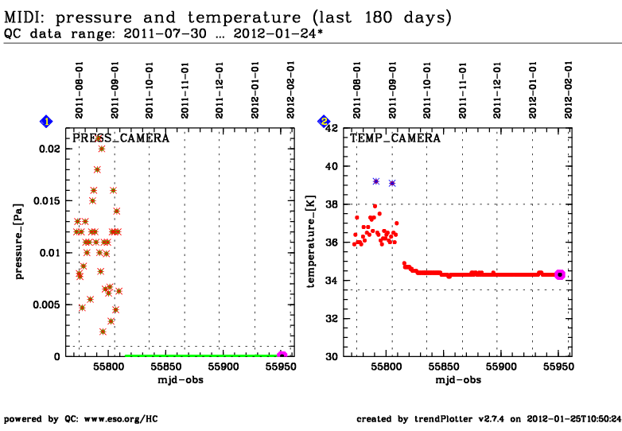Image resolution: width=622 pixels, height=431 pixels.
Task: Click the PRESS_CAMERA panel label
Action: tap(121, 138)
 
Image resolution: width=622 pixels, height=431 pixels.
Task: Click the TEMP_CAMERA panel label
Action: tap(395, 138)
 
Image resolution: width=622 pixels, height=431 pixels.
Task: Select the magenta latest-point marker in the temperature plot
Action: tap(559, 274)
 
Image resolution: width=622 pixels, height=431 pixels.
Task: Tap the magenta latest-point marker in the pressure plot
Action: tap(282, 356)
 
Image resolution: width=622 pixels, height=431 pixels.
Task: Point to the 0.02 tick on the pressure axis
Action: tap(50, 149)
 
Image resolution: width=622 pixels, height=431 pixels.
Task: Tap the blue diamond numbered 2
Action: tap(324, 122)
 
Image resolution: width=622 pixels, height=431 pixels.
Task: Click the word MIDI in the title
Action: tap(23, 17)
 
